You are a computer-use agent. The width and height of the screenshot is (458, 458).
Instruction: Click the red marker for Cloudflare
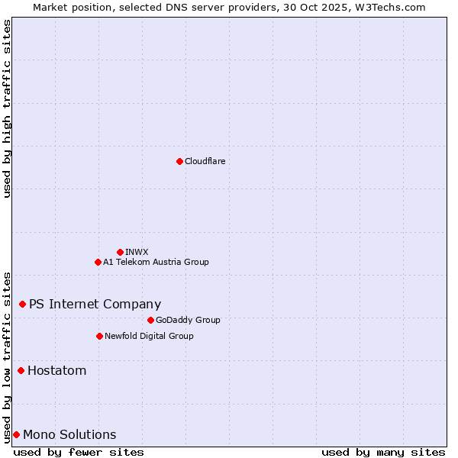179,161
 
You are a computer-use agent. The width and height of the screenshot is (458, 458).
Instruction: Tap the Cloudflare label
205,161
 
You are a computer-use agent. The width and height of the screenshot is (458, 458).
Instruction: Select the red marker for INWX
120,252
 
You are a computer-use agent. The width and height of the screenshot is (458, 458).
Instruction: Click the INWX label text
137,252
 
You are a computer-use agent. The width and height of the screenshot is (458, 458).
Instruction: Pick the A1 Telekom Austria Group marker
98,262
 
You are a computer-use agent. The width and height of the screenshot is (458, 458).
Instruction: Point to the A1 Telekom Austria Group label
156,262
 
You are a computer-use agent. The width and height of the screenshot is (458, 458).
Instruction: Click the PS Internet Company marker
22,304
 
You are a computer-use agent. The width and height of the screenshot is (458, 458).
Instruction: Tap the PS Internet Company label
95,304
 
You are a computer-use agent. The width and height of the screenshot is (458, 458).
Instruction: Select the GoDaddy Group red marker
150,320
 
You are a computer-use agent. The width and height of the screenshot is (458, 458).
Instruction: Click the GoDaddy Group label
187,320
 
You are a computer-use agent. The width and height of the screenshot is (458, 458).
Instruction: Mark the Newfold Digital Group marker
99,336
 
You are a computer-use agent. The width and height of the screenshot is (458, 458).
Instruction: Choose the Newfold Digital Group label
149,336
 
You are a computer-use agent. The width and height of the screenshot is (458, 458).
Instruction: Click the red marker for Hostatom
21,371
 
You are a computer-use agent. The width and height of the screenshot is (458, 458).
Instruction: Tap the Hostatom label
56,371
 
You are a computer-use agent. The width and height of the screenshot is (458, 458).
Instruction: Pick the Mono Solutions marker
16,435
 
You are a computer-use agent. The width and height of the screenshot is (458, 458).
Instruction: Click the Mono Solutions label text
69,435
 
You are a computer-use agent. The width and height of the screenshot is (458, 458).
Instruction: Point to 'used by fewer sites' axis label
79,453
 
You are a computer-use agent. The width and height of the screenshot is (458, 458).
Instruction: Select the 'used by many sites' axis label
383,453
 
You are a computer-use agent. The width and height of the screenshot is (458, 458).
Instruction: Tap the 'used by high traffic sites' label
7,108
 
